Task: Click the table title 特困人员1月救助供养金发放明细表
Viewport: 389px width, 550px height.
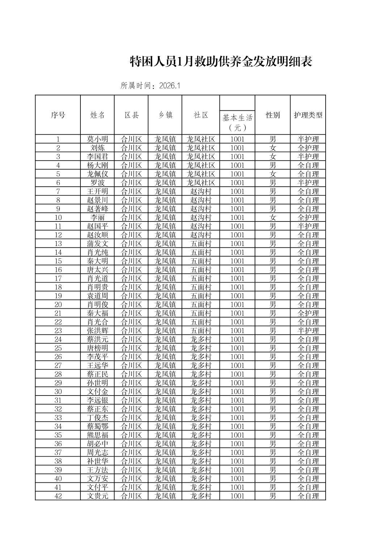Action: pyautogui.click(x=221, y=62)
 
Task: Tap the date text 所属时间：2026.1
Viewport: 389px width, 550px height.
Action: pyautogui.click(x=150, y=86)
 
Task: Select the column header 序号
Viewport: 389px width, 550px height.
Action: pyautogui.click(x=58, y=115)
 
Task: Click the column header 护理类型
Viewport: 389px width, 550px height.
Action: pyautogui.click(x=308, y=115)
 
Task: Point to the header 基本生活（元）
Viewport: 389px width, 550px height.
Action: pyautogui.click(x=237, y=122)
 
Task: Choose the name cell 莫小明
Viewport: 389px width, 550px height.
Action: pyautogui.click(x=97, y=139)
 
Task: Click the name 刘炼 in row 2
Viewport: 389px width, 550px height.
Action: pyautogui.click(x=97, y=148)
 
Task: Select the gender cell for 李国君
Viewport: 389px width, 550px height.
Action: pyautogui.click(x=273, y=156)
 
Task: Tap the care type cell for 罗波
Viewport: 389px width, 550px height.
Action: pyautogui.click(x=308, y=183)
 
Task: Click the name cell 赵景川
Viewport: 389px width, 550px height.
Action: pyautogui.click(x=97, y=200)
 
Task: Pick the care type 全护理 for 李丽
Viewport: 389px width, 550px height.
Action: pyautogui.click(x=308, y=217)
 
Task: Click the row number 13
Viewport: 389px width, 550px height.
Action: pyautogui.click(x=58, y=244)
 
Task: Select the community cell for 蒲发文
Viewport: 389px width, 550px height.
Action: pyautogui.click(x=201, y=244)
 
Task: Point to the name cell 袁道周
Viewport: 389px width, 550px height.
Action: pyautogui.click(x=97, y=296)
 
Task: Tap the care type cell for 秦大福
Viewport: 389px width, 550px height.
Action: pyautogui.click(x=308, y=313)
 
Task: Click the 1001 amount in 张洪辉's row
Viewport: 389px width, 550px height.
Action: pyautogui.click(x=237, y=330)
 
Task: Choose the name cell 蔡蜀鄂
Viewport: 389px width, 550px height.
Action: pyautogui.click(x=97, y=426)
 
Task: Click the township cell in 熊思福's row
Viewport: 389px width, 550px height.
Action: pyautogui.click(x=165, y=435)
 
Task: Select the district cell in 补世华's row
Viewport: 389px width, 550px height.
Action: pyautogui.click(x=131, y=461)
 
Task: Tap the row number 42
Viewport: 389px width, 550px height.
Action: pyautogui.click(x=58, y=496)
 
